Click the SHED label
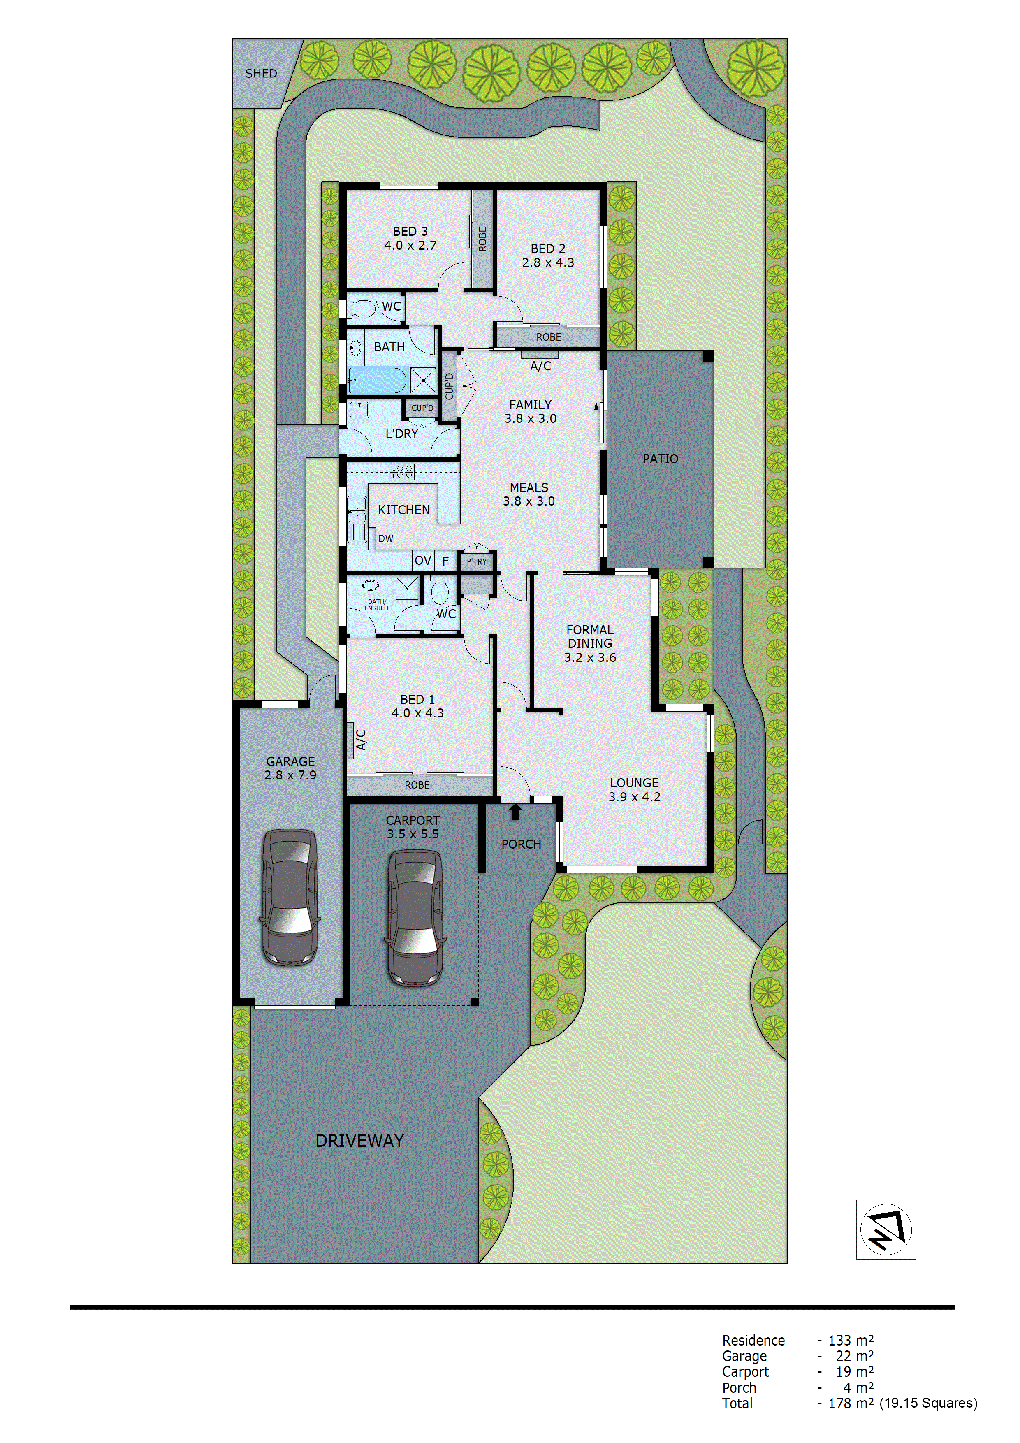[x=261, y=74]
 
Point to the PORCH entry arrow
[x=515, y=812]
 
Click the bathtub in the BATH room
[x=377, y=380]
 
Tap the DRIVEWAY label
[x=359, y=1141]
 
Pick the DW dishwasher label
[x=386, y=538]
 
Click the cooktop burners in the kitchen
[x=403, y=471]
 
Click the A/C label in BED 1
[x=361, y=740]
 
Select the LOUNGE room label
[x=634, y=782]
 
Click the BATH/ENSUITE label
[x=377, y=605]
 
